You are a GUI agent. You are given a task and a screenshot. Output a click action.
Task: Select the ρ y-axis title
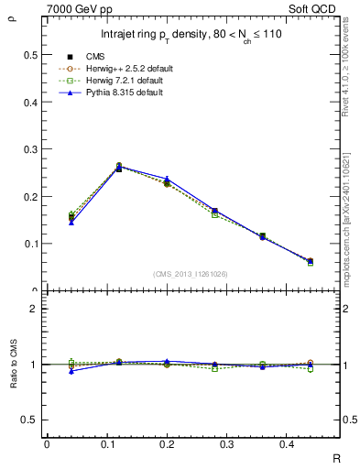pyautogui.click(x=12, y=16)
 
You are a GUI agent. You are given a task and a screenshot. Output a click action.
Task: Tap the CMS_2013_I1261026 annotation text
pyautogui.click(x=191, y=274)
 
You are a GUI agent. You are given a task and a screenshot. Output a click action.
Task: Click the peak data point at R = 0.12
pyautogui.click(x=119, y=168)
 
